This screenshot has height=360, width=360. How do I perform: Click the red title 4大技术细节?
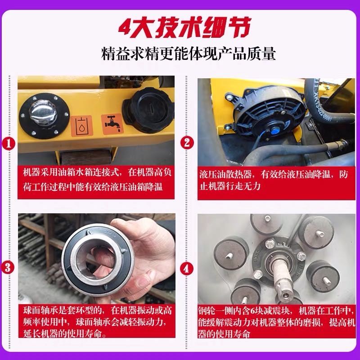(184, 27)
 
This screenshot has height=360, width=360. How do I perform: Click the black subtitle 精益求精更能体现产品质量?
(188, 54)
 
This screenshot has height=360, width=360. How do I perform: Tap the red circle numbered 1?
(9, 144)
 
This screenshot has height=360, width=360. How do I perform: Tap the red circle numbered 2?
(187, 143)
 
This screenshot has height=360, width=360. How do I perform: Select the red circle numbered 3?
(8, 267)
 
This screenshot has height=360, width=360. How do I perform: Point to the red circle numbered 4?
(186, 268)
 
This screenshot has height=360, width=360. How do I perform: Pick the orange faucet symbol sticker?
(112, 124)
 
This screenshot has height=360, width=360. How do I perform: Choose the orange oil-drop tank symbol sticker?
(81, 126)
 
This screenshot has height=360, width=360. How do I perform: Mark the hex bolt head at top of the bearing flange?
(270, 243)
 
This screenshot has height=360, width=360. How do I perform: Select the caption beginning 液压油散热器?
(274, 180)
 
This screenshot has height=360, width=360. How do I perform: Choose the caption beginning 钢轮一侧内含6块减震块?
(276, 322)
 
